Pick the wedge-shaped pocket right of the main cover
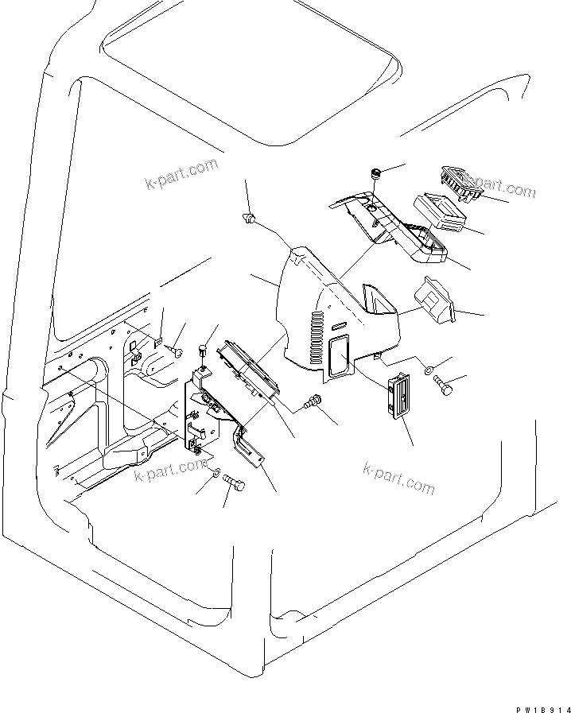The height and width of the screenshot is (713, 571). pyautogui.click(x=434, y=301)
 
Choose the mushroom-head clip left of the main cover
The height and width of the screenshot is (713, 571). pyautogui.click(x=250, y=218)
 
